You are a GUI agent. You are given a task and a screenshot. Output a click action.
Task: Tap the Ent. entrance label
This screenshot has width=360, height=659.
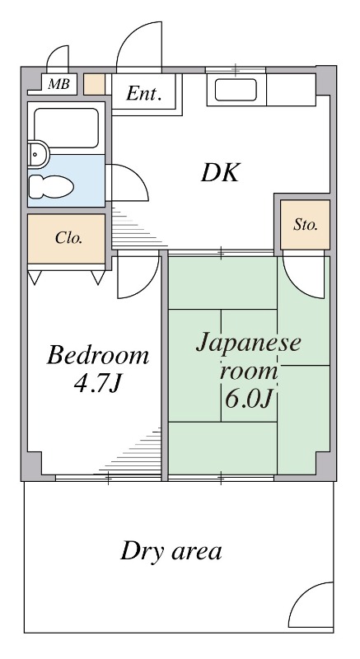143,93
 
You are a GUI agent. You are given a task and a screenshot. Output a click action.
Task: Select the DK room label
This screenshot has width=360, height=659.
220,173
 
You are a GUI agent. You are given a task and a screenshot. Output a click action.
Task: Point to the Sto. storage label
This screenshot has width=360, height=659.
306,225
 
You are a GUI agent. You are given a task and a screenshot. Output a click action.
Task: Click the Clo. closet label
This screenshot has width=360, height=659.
68,238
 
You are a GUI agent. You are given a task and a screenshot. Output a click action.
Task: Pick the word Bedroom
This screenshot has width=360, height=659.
98,356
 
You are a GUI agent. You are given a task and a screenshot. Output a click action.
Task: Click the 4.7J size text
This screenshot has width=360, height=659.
97,382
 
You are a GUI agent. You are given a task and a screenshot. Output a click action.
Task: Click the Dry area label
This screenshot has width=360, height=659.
171,551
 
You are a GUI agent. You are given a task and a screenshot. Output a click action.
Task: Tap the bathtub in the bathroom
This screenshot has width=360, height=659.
67,129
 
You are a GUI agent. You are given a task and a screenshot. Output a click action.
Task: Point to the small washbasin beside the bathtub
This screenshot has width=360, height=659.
39,154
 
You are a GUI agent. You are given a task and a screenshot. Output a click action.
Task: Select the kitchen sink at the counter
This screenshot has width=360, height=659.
236,90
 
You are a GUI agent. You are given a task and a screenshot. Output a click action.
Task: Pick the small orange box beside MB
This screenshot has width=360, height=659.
94,84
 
